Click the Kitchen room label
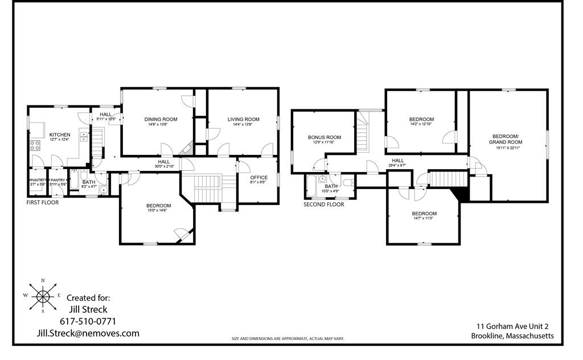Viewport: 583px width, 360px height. coord(60,135)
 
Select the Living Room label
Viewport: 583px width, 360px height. coord(243,119)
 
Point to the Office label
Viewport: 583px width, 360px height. coord(258,178)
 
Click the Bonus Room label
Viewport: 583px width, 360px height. coord(325,137)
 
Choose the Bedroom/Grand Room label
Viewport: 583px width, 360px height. coord(504,139)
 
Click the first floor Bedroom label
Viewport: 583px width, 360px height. coord(158,206)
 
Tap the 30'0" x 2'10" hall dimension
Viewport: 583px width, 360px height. coord(164,166)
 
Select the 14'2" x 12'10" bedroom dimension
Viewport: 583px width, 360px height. coord(421,124)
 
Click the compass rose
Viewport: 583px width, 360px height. coord(43,295)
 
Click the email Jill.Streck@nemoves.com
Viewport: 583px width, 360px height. coord(88,333)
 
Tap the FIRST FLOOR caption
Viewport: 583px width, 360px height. coord(43,202)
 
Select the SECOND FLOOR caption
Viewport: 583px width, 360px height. coord(323,204)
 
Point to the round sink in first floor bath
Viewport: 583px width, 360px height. coord(103,190)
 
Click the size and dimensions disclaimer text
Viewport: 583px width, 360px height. coord(288,339)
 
